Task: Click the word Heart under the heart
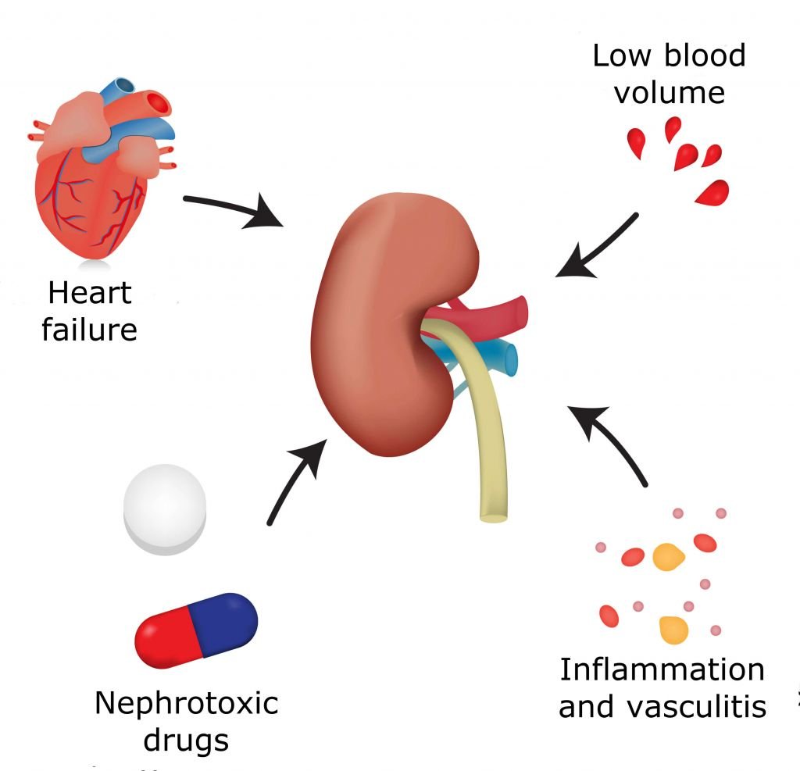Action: (90, 293)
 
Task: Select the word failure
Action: (89, 330)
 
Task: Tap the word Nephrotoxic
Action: (186, 703)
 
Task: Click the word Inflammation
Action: (662, 669)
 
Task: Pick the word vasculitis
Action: (696, 707)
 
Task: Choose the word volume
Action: (669, 93)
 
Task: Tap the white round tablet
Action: (165, 509)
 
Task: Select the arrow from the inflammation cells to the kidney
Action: (609, 443)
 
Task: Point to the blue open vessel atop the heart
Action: (119, 89)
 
